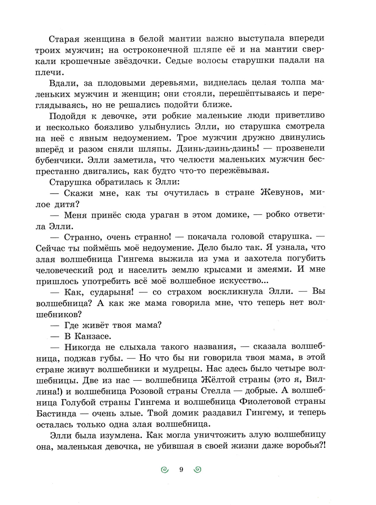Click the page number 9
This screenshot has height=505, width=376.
tap(181, 470)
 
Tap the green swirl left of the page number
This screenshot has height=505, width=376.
tap(165, 470)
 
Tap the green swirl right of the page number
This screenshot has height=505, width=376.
tap(197, 470)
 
